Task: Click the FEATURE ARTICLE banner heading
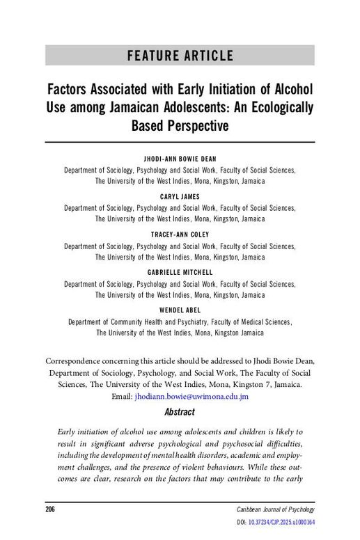coord(180,56)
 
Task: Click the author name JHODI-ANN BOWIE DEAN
coord(180,159)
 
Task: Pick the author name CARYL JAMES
coord(180,197)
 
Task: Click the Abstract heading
coord(180,412)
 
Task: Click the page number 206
coord(50,509)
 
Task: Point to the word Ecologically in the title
coord(278,109)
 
